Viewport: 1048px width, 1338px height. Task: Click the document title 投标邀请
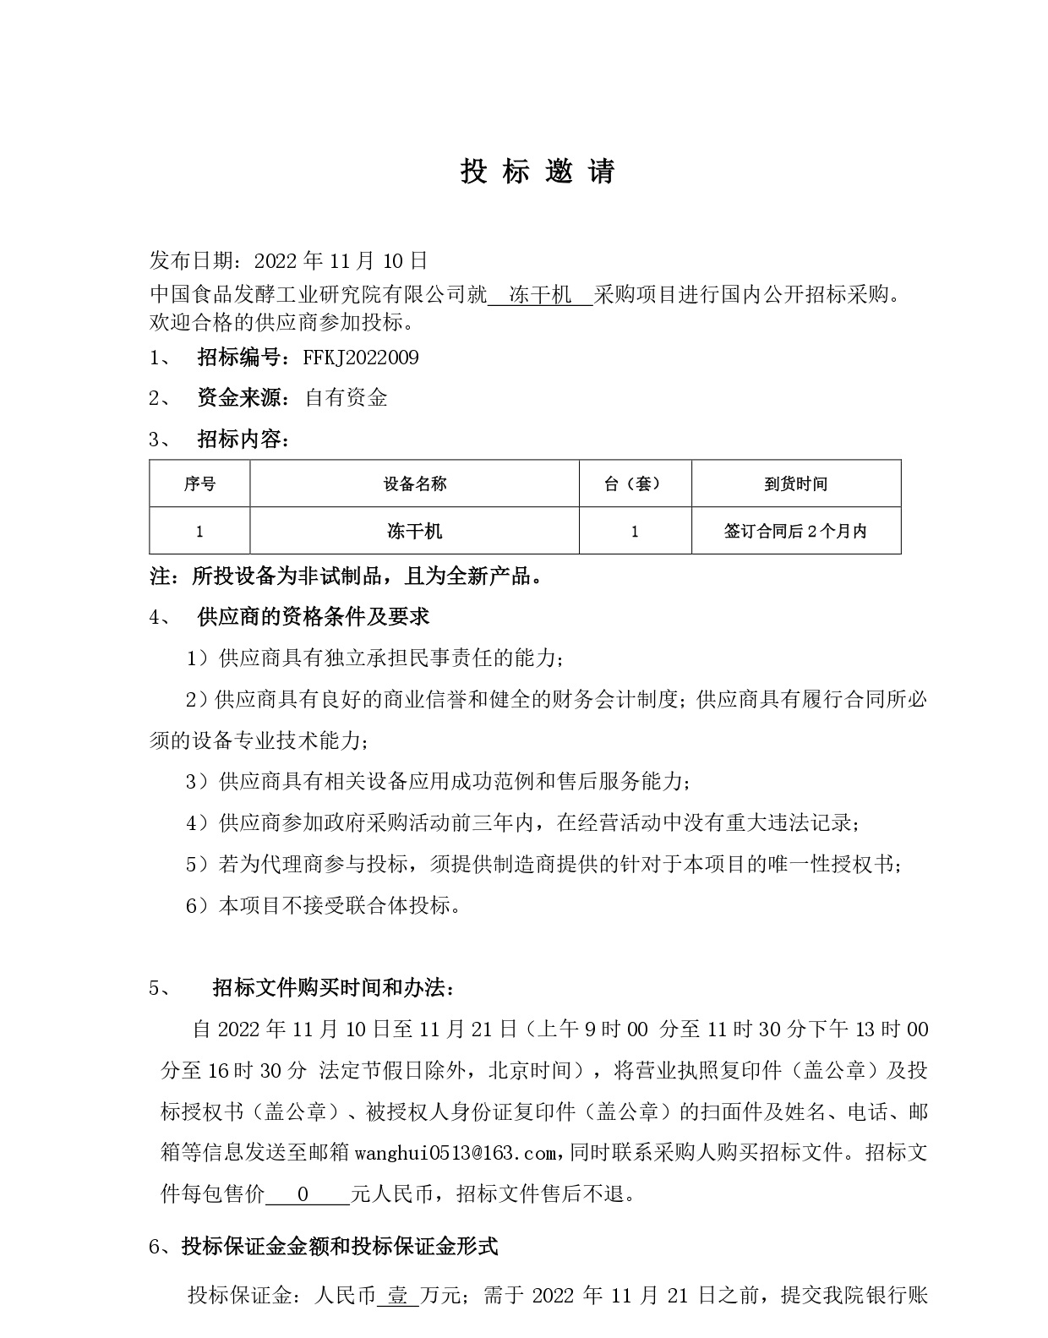[x=538, y=172]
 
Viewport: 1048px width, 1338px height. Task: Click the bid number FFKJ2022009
[x=361, y=358]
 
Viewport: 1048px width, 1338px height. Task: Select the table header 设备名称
[x=414, y=484]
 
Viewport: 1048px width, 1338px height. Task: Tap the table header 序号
[x=199, y=484]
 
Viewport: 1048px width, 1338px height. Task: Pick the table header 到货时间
[x=795, y=484]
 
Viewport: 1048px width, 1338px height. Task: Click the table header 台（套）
[x=635, y=484]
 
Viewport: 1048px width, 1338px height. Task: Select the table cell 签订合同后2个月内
[x=795, y=532]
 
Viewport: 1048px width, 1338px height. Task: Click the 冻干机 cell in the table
[x=414, y=532]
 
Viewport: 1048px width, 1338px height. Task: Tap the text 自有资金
[x=346, y=398]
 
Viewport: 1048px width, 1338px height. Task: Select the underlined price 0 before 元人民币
[x=303, y=1194]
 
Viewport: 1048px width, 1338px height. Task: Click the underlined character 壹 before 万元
[x=397, y=1295]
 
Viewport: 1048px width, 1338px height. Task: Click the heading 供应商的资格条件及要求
[x=313, y=617]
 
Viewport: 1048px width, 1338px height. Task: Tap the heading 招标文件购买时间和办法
[x=333, y=988]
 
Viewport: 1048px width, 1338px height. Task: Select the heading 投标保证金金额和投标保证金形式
[x=340, y=1246]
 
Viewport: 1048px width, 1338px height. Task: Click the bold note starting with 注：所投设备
[x=346, y=577]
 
